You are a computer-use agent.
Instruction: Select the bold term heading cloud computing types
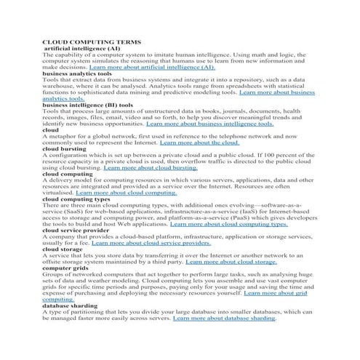click(x=76, y=199)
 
